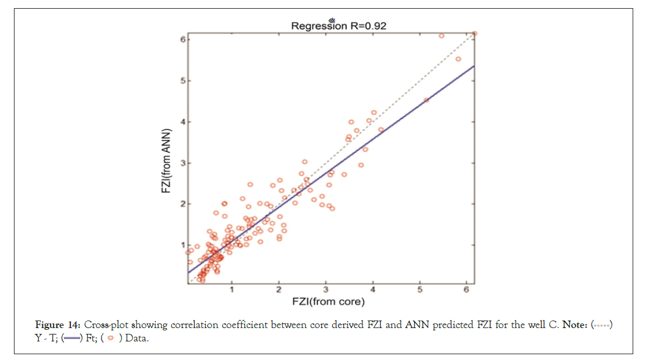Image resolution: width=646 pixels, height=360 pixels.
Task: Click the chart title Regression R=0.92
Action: coord(339,26)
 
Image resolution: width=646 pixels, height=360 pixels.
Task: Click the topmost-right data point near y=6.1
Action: coord(474,33)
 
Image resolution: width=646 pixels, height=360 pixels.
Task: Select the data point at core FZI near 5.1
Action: coord(426,100)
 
